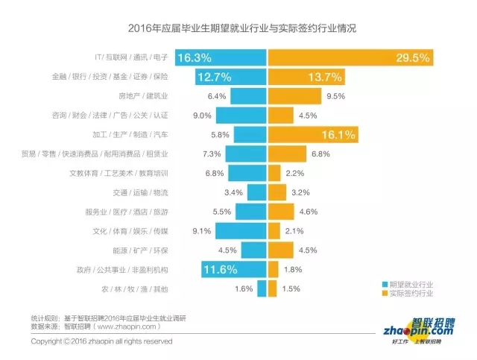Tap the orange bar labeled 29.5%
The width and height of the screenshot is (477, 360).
pyautogui.click(x=336, y=57)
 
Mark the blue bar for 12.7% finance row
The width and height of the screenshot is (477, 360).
pyautogui.click(x=231, y=76)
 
